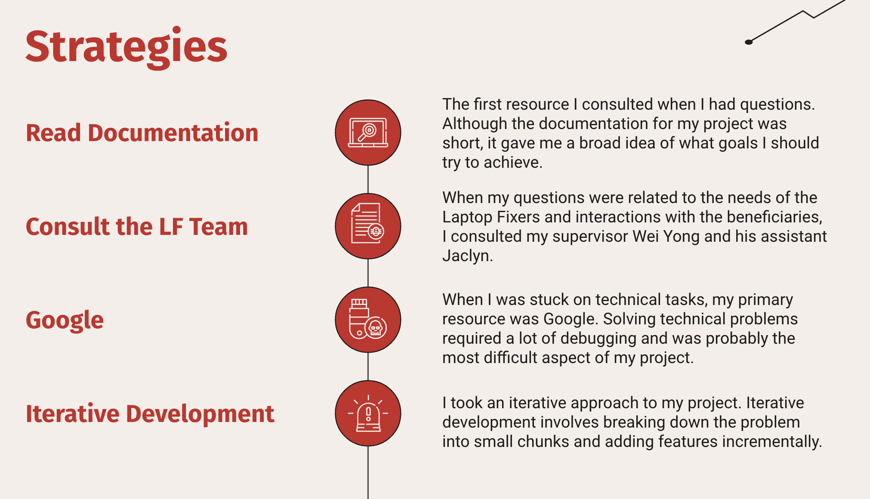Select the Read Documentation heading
pos(142,132)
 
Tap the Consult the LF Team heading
pos(137,226)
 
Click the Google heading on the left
pos(65,320)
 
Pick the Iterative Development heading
pos(150,413)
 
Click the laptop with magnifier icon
pos(368,132)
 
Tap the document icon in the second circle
pos(367,223)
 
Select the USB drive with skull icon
pos(367,319)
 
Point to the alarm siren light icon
pos(368,413)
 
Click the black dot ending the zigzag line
pos(749,42)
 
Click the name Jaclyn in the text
pos(467,256)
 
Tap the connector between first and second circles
pos(368,179)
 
